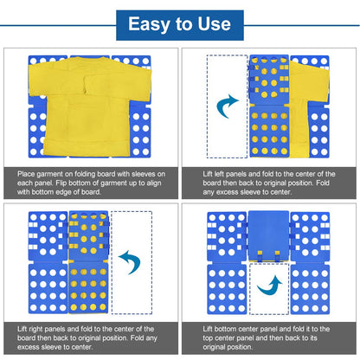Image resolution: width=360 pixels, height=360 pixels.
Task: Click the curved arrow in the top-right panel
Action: pos(228,106)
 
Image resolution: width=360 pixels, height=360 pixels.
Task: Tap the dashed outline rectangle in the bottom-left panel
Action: pos(131,260)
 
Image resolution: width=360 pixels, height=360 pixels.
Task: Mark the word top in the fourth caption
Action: pos(210,339)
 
